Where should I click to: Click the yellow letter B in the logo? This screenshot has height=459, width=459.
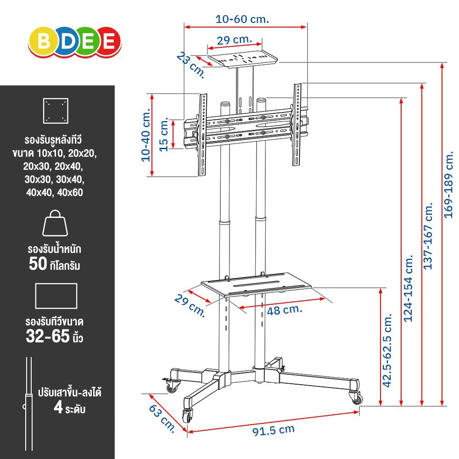pyautogui.click(x=44, y=41)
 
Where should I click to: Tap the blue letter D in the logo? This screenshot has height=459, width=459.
pyautogui.click(x=67, y=41)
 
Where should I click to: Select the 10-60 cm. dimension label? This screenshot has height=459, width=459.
pyautogui.click(x=242, y=19)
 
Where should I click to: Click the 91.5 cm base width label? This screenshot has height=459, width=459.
pyautogui.click(x=274, y=430)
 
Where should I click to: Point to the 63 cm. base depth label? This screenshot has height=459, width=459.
pyautogui.click(x=162, y=418)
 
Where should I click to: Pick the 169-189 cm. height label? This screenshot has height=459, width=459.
pyautogui.click(x=448, y=185)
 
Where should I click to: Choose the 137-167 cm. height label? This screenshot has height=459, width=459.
pyautogui.click(x=428, y=235)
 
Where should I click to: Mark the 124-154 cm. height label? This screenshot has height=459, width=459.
pyautogui.click(x=408, y=288)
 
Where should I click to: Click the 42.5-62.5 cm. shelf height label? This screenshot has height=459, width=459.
pyautogui.click(x=387, y=350)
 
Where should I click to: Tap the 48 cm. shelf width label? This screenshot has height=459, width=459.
pyautogui.click(x=284, y=310)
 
